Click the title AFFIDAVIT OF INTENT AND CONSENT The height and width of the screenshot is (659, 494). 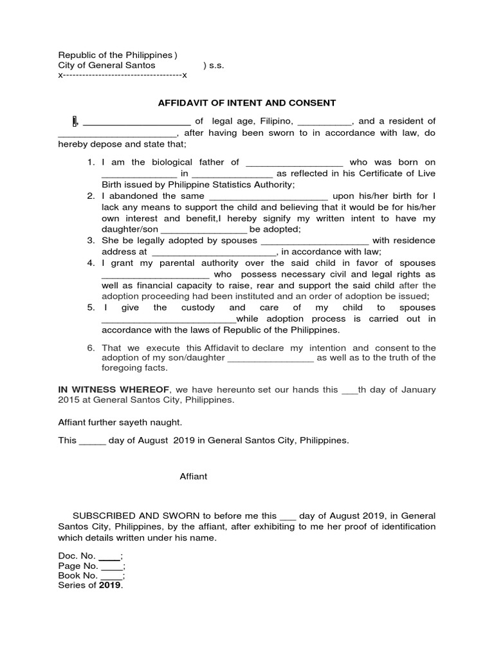click(247, 102)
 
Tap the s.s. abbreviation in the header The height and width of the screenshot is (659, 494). click(215, 66)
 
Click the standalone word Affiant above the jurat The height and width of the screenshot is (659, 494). click(193, 476)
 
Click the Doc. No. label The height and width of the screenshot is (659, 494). click(77, 556)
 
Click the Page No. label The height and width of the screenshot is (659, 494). click(78, 566)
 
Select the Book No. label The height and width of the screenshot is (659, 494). click(78, 575)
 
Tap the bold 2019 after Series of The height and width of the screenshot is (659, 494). click(109, 585)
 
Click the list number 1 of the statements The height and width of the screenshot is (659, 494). click(91, 163)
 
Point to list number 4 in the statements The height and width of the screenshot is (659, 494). click(91, 263)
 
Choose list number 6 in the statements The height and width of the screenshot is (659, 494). click(91, 348)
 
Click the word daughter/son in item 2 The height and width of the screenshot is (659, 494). click(130, 230)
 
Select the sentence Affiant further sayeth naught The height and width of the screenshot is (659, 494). click(120, 422)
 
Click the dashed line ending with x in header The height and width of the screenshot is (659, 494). click(122, 76)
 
